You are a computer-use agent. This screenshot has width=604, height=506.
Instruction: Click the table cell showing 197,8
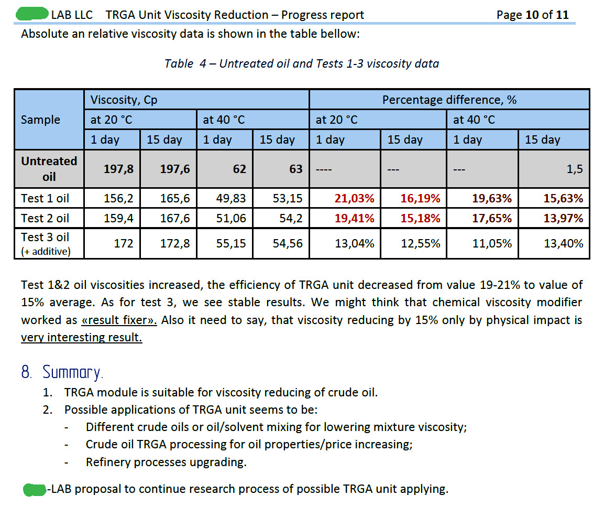click(x=119, y=169)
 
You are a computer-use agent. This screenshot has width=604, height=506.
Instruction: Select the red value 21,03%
click(x=355, y=199)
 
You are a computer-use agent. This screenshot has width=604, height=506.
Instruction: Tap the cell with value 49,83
click(x=231, y=199)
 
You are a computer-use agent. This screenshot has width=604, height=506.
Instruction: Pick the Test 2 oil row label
click(x=45, y=218)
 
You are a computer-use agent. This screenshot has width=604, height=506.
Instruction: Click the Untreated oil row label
click(x=49, y=168)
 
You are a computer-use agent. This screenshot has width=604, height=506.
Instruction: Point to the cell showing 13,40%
click(x=563, y=243)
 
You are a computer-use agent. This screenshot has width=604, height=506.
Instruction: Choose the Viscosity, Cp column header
click(x=124, y=100)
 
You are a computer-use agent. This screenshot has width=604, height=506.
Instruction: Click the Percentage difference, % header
click(x=449, y=100)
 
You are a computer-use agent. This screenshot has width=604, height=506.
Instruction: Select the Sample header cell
click(x=40, y=120)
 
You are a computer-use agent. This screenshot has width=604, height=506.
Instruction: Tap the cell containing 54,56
click(x=288, y=243)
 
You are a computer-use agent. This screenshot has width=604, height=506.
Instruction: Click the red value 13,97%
click(x=563, y=218)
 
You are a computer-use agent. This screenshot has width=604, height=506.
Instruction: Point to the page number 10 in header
click(x=532, y=15)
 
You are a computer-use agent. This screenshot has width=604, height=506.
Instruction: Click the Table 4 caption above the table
click(x=301, y=64)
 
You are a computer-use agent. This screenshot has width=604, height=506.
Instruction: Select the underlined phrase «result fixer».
click(x=119, y=320)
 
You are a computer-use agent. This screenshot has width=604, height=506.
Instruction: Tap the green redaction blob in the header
click(x=32, y=14)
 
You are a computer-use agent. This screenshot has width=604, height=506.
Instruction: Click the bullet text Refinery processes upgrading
click(x=166, y=462)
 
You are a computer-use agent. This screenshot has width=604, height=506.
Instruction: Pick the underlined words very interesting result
click(x=81, y=337)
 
